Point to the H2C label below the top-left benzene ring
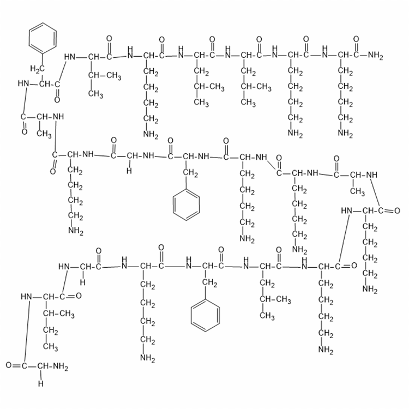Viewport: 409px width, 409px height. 37,69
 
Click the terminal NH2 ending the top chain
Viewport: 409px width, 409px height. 376,56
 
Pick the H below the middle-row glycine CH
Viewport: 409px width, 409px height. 129,171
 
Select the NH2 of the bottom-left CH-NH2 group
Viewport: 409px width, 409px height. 61,366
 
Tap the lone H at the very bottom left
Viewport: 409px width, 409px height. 41,384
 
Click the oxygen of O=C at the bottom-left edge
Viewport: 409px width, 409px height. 9,365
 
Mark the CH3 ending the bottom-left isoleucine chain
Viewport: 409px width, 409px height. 51,347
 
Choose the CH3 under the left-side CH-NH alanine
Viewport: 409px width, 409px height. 44,134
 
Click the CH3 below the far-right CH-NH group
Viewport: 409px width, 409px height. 358,191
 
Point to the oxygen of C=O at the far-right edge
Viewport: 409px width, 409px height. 397,210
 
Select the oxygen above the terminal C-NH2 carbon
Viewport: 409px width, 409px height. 356,39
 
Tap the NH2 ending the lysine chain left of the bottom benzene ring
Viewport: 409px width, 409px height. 148,358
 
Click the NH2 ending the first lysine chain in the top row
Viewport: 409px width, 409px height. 151,135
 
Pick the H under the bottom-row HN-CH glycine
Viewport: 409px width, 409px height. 83,282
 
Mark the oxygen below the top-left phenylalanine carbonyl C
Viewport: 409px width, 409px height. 57,99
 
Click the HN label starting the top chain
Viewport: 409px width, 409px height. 70,57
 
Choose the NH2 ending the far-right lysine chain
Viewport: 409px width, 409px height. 370,289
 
